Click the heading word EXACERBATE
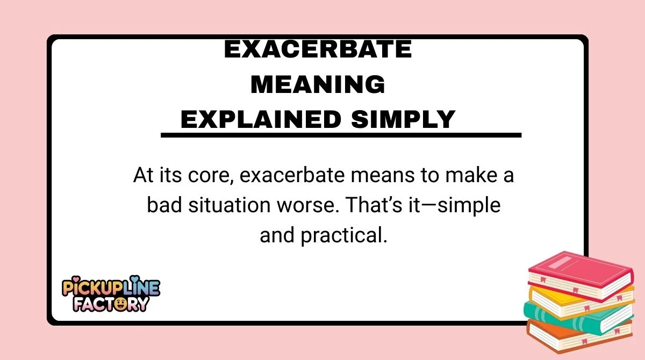point(318,50)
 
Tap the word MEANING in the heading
point(318,84)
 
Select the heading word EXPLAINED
point(261,119)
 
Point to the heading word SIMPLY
point(403,119)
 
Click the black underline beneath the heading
point(341,135)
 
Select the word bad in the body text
point(162,206)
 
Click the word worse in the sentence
point(291,206)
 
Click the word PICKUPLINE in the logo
point(111,288)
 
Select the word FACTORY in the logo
point(111,304)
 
